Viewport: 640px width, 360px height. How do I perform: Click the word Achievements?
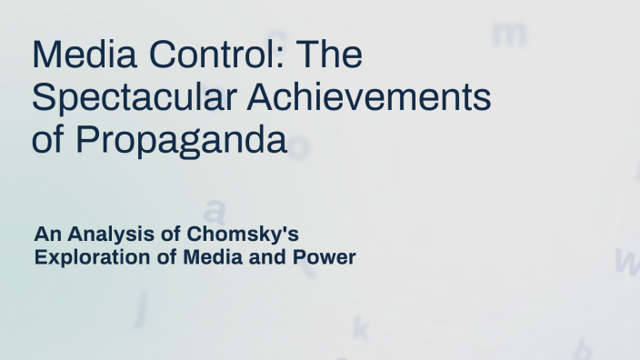tap(368, 98)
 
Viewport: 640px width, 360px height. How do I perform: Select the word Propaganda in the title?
tap(181, 141)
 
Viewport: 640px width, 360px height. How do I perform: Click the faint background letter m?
tap(509, 34)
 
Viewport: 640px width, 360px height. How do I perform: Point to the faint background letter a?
tap(214, 209)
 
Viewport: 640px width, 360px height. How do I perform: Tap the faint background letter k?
tap(361, 327)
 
